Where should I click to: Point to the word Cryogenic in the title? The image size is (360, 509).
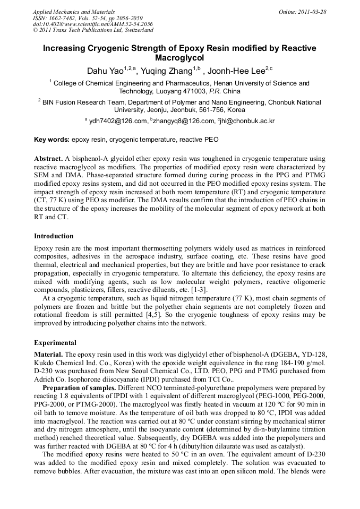[105, 48]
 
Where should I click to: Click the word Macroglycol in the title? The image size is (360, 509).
[179, 58]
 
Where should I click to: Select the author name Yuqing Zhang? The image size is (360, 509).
[165, 70]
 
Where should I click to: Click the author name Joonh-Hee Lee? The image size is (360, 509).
[237, 70]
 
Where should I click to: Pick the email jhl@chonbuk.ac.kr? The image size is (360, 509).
[246, 121]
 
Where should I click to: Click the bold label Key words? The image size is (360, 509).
[52, 140]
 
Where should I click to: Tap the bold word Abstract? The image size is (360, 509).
[48, 159]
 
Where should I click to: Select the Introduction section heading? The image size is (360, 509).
[54, 236]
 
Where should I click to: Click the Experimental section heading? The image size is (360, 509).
[55, 343]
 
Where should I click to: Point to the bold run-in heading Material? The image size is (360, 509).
[48, 354]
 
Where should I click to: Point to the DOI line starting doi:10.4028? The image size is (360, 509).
[93, 24]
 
